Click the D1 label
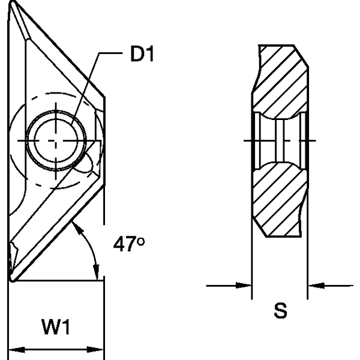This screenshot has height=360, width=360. click(x=142, y=56)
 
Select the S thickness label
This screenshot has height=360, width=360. click(x=280, y=311)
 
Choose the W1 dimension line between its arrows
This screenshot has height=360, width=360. click(x=56, y=349)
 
